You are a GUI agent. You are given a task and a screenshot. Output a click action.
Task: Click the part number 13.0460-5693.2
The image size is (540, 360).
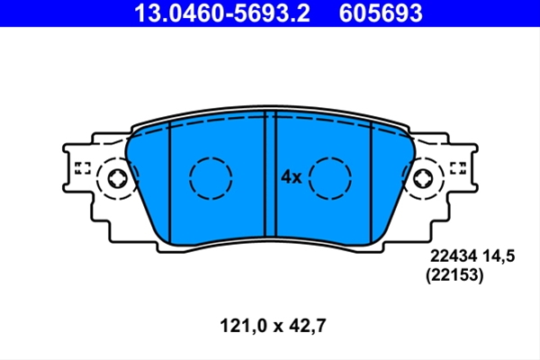pos(222,13)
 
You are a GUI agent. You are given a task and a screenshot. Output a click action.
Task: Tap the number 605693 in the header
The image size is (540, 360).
pos(381,13)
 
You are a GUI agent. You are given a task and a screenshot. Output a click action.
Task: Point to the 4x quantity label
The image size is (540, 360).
pos(292,177)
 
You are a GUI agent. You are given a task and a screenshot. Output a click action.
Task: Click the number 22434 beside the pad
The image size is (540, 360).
pos(454,256)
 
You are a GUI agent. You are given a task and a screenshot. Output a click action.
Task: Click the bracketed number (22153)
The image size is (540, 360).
pos(454,275)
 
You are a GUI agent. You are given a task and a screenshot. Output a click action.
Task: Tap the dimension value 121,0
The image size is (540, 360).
pos(244,326)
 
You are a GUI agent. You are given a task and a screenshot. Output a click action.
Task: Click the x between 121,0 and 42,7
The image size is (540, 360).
pos(278,327)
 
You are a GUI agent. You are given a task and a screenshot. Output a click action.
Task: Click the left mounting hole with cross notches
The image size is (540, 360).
pos(118,179)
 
